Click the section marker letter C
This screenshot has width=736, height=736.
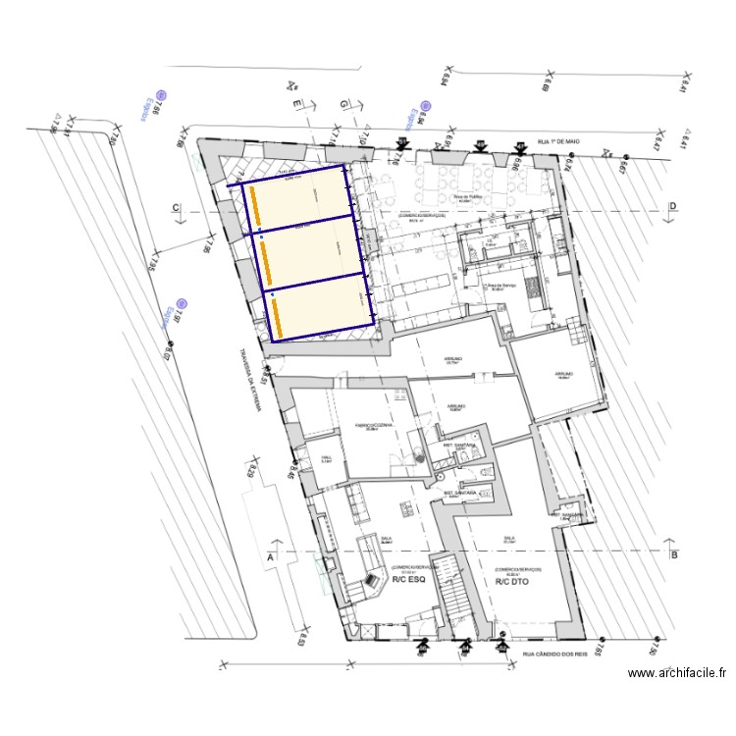coord(176,207)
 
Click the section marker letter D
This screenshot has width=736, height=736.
coord(673,206)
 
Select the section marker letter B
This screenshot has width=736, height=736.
coord(673,554)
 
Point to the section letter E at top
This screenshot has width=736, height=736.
coord(294,102)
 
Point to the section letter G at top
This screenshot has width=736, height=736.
coord(343,103)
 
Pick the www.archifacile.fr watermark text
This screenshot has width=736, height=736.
coord(677,674)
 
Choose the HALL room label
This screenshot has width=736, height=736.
coord(327,457)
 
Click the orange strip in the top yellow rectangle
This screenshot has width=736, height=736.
coord(252,206)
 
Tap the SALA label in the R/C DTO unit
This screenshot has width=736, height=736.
coord(508,538)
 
